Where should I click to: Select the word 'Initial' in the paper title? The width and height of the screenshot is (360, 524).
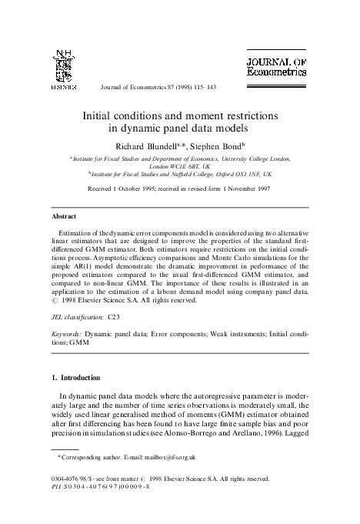pos(104,114)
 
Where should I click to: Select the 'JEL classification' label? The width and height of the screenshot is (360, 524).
pos(75,316)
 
